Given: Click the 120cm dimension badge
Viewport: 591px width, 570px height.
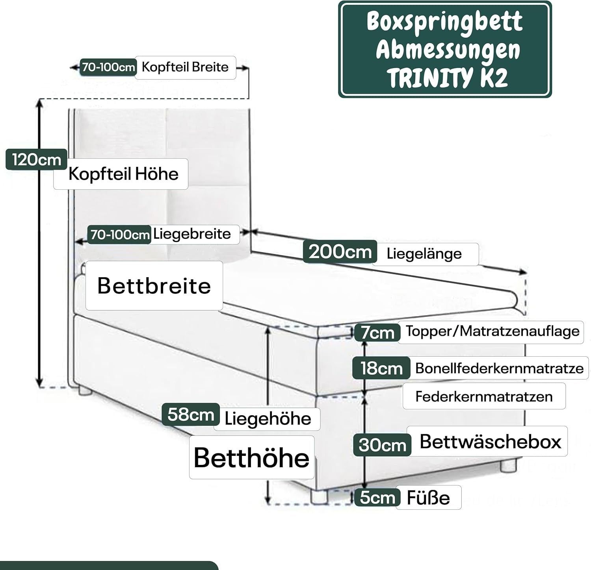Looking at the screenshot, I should (x=36, y=160).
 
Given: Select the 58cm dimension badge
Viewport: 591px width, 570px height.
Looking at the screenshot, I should (x=191, y=415).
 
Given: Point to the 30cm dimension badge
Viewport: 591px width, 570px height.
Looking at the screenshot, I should (x=382, y=445).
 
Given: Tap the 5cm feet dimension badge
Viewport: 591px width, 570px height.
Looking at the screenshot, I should (x=377, y=498).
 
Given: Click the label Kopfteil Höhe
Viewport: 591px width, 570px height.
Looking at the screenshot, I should (x=123, y=174).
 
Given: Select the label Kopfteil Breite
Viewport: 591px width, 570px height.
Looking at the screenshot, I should (x=185, y=67).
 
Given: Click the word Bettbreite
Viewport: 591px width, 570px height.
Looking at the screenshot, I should (x=154, y=285).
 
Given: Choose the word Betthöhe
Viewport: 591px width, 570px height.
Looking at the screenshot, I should (x=251, y=457).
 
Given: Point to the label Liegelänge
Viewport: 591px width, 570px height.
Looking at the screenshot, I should (x=424, y=254).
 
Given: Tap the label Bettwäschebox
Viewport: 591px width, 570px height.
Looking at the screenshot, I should (x=490, y=441).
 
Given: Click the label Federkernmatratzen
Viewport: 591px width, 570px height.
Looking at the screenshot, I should (x=484, y=396).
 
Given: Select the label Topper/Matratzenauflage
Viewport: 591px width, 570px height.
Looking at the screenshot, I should (x=492, y=331).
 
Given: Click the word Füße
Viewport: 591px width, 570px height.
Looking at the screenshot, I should (x=428, y=498).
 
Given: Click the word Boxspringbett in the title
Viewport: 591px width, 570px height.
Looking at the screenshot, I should (x=444, y=22).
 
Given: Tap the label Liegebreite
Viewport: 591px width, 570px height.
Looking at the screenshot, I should (x=192, y=234).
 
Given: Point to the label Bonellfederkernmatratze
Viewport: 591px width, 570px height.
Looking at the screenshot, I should (x=499, y=368).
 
